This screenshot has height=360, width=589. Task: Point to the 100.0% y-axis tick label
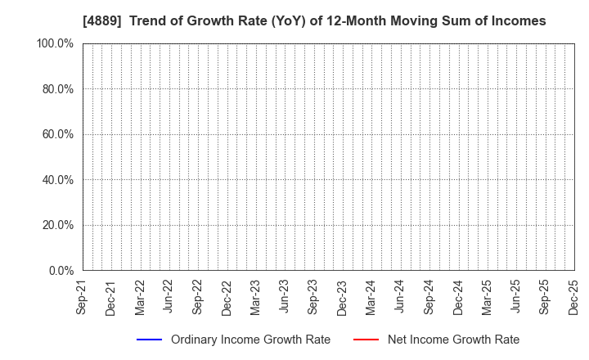[56, 43]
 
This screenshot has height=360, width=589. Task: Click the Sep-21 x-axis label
[82, 298]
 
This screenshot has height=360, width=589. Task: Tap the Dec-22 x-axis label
[227, 298]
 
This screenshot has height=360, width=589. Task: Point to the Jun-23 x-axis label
[284, 298]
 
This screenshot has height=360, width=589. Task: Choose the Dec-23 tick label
[342, 298]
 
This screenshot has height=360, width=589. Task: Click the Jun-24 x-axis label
[399, 298]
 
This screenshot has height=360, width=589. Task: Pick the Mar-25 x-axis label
[487, 298]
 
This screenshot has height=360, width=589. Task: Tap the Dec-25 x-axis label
[573, 298]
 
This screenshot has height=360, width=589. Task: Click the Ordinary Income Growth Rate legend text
[250, 340]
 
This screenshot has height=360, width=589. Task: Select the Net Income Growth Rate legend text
[453, 340]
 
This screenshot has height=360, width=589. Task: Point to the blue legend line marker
[149, 340]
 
